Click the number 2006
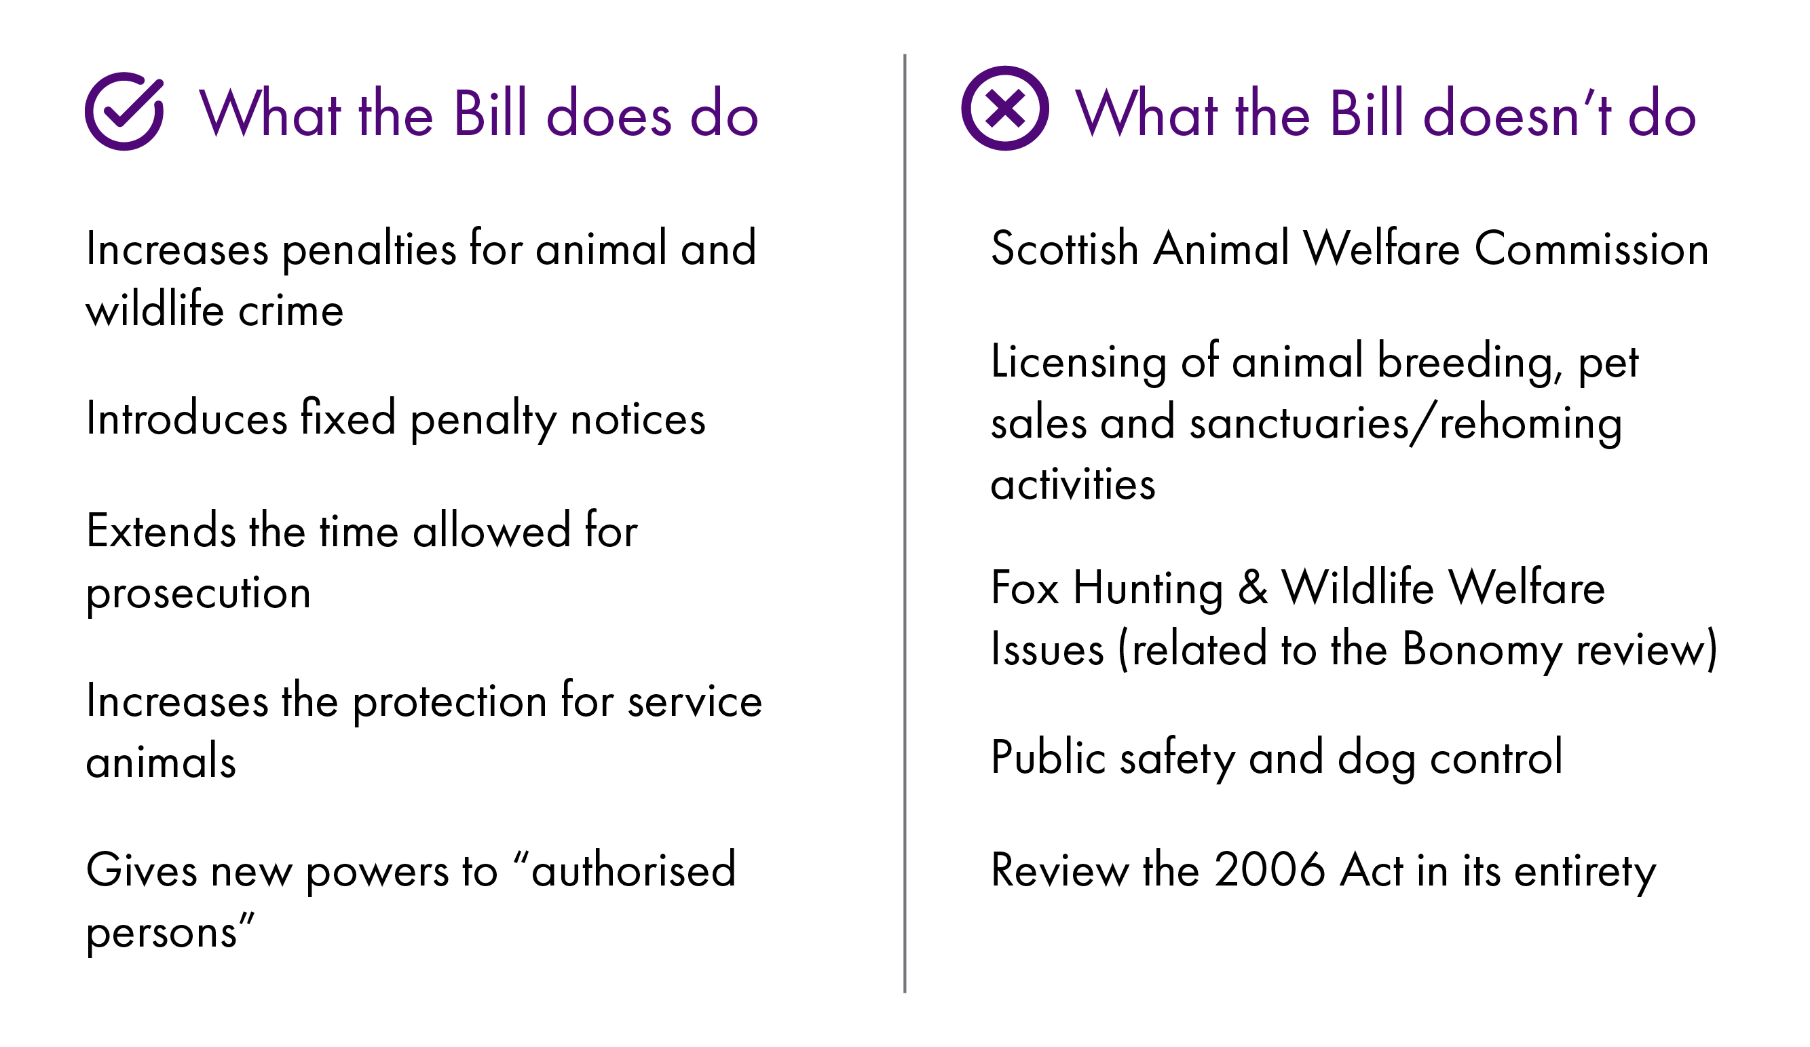(x=1270, y=870)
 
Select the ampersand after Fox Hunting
(x=1253, y=588)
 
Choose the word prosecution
(x=198, y=594)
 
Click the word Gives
(x=141, y=870)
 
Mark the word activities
(x=1073, y=483)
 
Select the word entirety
(x=1585, y=872)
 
